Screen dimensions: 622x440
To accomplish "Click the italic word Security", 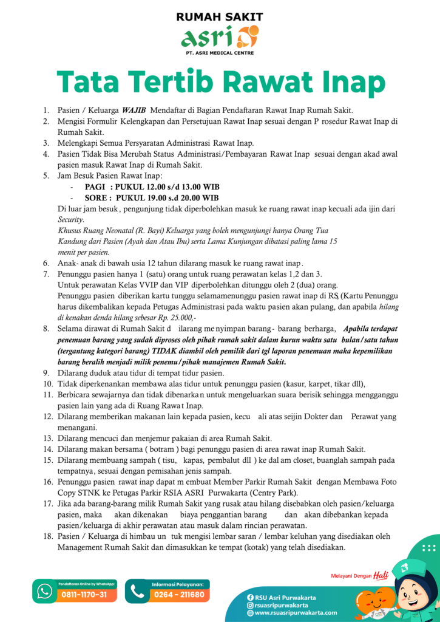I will click(71, 220).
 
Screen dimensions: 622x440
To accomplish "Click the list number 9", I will click(46, 372).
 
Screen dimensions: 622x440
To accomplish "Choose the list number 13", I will click(47, 438).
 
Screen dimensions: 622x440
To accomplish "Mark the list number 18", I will click(47, 536).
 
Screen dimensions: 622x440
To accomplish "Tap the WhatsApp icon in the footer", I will click(45, 590).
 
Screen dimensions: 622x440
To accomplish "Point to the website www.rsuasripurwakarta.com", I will click(296, 613).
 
